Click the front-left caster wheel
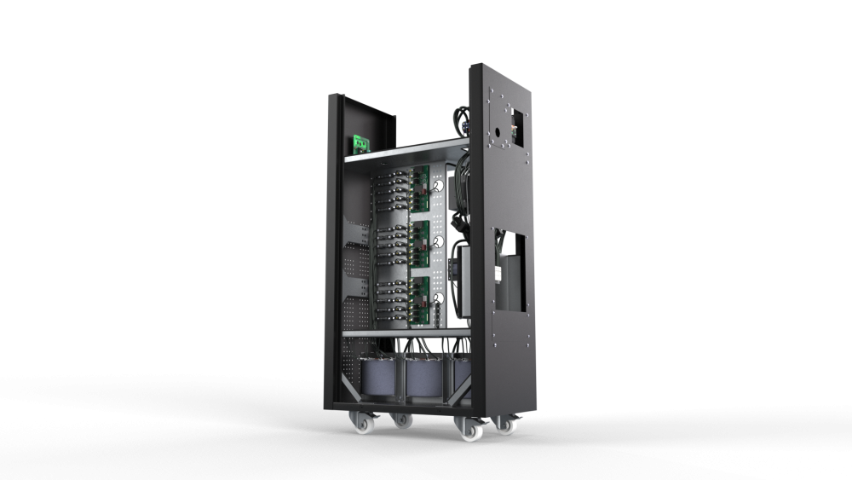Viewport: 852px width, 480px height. pos(356,421)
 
